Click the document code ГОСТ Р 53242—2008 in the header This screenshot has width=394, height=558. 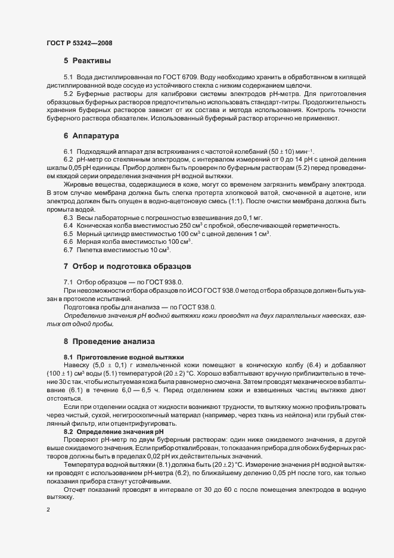(79, 43)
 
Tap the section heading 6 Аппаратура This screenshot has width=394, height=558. (92, 137)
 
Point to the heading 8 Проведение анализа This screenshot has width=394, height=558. (109, 342)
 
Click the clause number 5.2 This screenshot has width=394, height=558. (69, 94)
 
